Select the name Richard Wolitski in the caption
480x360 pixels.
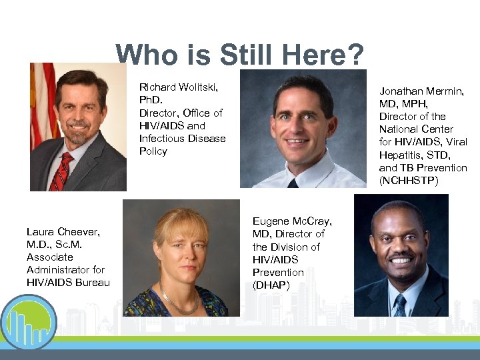click(178, 87)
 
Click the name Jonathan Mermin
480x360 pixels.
click(421, 91)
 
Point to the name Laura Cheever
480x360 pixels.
click(63, 231)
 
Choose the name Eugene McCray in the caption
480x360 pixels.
click(291, 221)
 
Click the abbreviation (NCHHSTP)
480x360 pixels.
click(409, 180)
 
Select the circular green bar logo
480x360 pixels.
click(28, 323)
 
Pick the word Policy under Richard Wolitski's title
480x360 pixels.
click(153, 151)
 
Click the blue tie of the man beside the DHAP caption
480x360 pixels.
click(400, 305)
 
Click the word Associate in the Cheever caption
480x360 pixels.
click(50, 257)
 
